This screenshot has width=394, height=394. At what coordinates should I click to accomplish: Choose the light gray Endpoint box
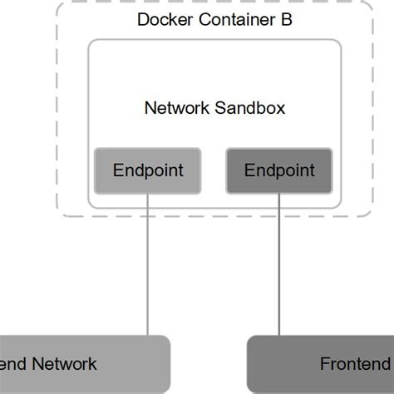tap(147, 170)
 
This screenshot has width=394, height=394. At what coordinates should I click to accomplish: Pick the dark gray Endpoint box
tap(278, 170)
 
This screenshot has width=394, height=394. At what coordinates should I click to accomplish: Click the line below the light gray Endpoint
tap(148, 266)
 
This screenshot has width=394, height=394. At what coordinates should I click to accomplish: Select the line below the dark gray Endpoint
tap(279, 266)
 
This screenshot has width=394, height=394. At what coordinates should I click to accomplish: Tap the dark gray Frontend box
tap(321, 364)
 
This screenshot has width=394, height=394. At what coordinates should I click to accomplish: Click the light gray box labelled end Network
tap(83, 364)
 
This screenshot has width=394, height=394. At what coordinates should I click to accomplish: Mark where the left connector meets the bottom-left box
tap(148, 336)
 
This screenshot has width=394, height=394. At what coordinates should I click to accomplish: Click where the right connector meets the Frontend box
tap(279, 336)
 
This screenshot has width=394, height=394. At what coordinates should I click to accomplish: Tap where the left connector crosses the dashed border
tap(148, 217)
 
